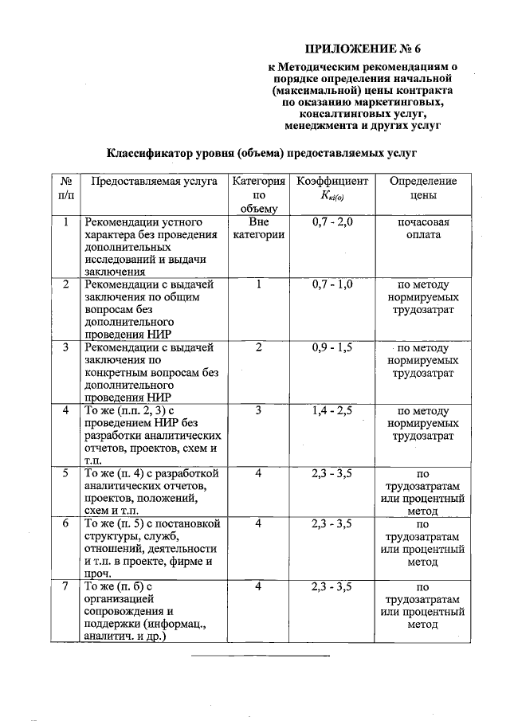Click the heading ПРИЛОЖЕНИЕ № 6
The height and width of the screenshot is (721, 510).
[x=367, y=50]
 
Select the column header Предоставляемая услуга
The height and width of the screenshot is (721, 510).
[x=154, y=182]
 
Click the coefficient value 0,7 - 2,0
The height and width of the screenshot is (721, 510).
[x=332, y=221]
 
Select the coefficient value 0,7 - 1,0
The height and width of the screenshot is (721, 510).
[x=332, y=284]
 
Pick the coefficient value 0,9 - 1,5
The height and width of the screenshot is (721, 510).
[x=332, y=347]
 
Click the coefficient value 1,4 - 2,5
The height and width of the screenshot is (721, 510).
[x=332, y=410]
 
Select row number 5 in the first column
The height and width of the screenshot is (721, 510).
[x=66, y=473]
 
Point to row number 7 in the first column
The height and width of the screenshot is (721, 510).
[x=66, y=586]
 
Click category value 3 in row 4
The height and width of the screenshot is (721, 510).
[x=258, y=410]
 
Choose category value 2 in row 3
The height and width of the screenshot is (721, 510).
[x=258, y=347]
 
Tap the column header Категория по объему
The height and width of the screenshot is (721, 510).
[x=258, y=194]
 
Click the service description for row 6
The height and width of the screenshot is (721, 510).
[x=151, y=549]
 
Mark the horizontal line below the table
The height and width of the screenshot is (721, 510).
[x=260, y=656]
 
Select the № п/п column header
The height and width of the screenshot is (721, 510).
[x=66, y=188]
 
